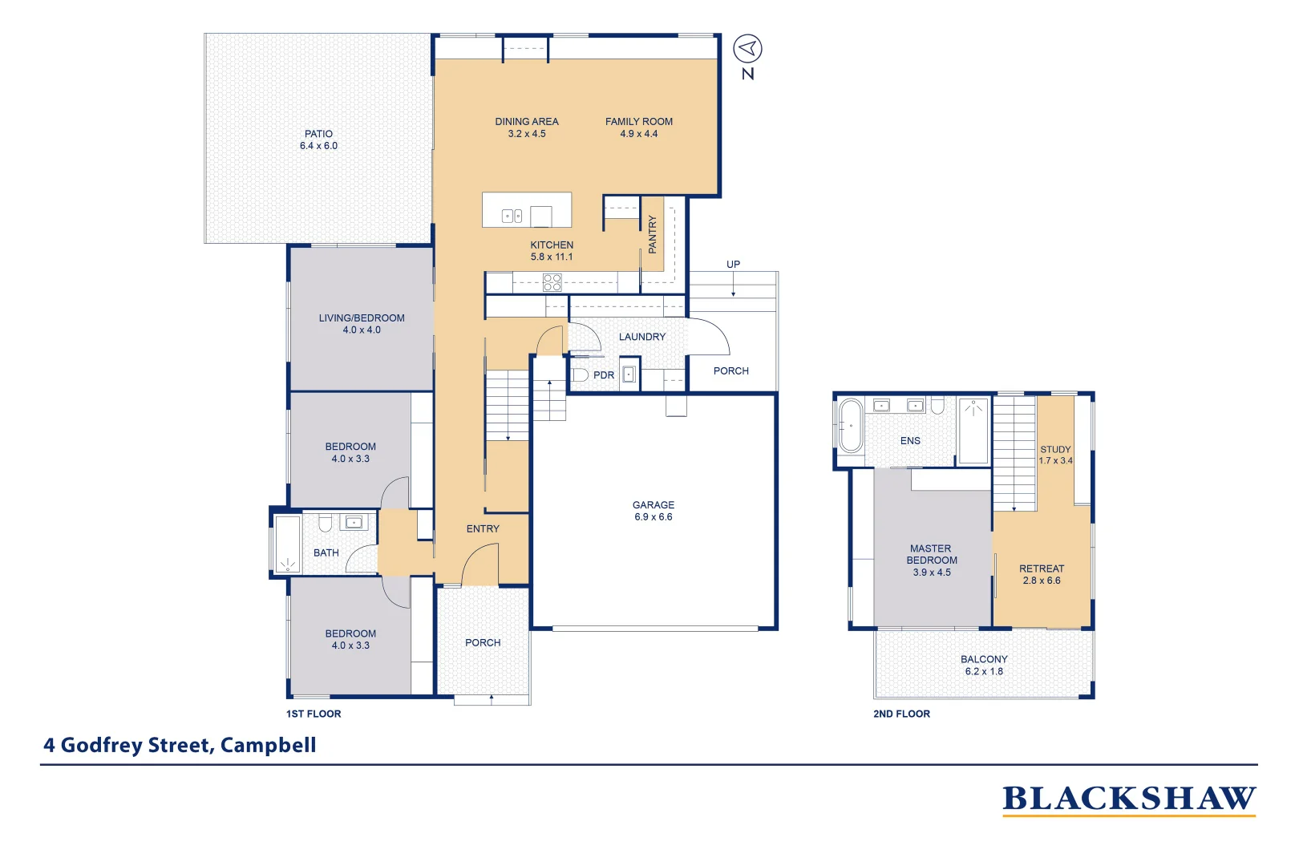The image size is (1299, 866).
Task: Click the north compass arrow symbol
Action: coord(747,49)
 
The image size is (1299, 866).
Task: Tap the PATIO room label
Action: coord(318,134)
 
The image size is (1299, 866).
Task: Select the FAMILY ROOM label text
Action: coord(639,122)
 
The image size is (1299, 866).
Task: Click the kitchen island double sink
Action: coord(512,216)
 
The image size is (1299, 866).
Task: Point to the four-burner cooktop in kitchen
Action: coord(552,282)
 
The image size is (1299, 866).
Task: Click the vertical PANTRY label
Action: coord(652,234)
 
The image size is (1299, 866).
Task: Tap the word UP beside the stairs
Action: coord(733,265)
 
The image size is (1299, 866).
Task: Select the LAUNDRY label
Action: coord(641,337)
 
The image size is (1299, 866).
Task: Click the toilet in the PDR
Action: coord(580,374)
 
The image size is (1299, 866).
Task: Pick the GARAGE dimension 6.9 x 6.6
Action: coord(653,517)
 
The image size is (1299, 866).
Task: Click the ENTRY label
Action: coord(483,528)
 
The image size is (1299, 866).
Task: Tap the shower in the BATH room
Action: coord(287,544)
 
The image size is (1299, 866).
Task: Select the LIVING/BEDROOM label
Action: coord(362,318)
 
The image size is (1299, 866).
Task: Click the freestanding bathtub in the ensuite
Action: coord(850,426)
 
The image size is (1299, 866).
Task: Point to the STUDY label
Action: coord(1055,449)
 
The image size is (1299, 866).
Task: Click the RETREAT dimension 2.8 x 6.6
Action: coord(1041,581)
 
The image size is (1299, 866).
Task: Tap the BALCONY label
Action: coord(984,659)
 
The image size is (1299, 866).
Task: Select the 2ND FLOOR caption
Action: coord(901,714)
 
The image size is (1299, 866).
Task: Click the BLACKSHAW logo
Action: coord(1128,799)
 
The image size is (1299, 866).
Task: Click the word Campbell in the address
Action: coord(268,745)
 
